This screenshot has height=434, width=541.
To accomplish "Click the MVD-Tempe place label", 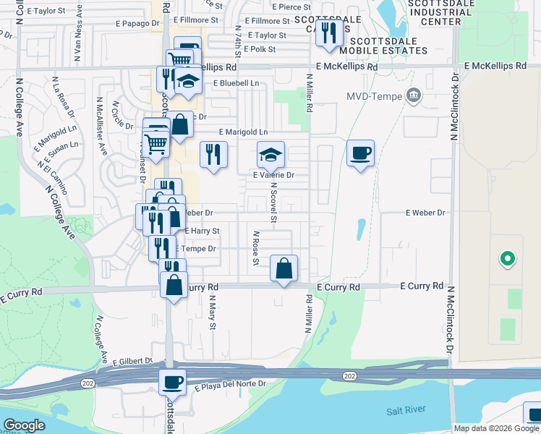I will tap(372, 95).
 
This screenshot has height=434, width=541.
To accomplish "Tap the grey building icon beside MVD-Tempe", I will tap(414, 94).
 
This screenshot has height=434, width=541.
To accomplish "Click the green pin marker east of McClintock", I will tap(508, 258).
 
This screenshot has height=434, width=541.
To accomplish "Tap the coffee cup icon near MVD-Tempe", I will tap(360, 153).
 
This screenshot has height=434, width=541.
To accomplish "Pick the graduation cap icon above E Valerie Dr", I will tap(271, 154).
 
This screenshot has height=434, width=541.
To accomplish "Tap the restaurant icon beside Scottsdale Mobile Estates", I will tap(329, 32).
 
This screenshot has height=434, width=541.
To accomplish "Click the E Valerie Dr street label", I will tap(273, 175).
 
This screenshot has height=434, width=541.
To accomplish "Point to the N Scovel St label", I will tap(274, 202).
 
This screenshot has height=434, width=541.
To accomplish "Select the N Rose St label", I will tap(256, 248).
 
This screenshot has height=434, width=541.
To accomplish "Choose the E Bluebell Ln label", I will tap(236, 84).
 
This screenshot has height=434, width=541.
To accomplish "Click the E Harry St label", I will tap(202, 231).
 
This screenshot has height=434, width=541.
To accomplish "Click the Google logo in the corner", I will tap(25, 425).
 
